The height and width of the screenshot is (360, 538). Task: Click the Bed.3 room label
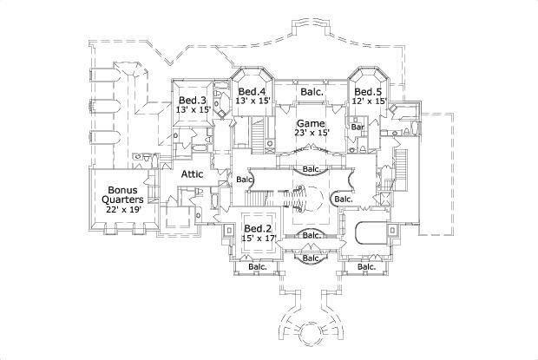click(193, 100)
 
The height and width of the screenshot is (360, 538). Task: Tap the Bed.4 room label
click(253, 91)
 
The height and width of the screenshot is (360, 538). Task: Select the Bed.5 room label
click(367, 91)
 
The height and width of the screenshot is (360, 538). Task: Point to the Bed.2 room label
click(259, 229)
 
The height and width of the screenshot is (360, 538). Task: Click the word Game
click(310, 123)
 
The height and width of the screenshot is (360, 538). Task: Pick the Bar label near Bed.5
click(357, 128)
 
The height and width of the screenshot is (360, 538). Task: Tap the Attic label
click(192, 174)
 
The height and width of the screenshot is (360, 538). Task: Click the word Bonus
click(123, 189)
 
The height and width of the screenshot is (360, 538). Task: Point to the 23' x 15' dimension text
click(312, 133)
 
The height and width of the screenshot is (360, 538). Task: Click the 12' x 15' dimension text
click(367, 101)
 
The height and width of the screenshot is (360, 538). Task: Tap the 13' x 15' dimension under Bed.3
click(193, 110)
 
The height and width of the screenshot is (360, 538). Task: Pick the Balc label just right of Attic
click(244, 180)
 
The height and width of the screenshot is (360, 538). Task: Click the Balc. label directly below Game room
click(311, 168)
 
